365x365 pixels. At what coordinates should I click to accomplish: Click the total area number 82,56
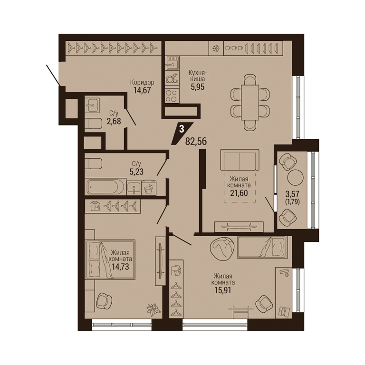point(196,141)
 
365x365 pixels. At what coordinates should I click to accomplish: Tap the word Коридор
point(142,82)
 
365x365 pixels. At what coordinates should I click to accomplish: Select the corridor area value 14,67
point(142,90)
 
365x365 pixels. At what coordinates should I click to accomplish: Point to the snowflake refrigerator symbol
point(216,48)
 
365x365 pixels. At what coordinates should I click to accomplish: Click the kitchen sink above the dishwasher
point(172,63)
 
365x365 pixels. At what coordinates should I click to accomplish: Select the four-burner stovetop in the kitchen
point(172,96)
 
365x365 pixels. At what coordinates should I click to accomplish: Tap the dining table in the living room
point(250,102)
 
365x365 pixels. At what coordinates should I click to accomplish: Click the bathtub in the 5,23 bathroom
point(106,187)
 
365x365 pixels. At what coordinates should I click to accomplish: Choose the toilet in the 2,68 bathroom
point(93,123)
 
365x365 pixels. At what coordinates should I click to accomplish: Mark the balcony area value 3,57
point(292,193)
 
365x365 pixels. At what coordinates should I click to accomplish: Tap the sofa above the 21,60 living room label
point(240,160)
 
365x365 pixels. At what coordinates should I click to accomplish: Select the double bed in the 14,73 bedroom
point(110,259)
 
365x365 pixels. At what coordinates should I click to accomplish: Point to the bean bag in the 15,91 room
point(221,248)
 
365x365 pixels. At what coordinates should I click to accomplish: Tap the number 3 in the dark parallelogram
point(182,129)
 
